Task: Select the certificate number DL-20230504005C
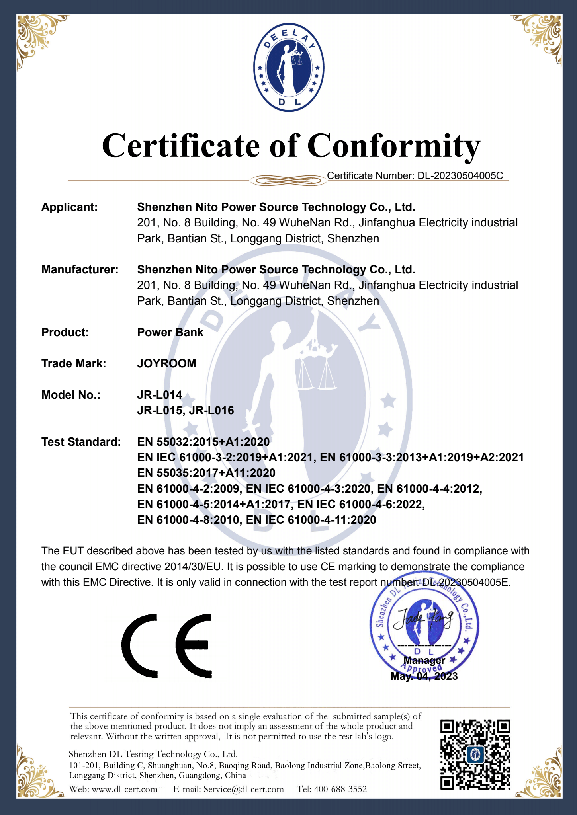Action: [x=460, y=176]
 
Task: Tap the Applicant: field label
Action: [x=69, y=207]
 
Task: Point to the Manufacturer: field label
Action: [x=80, y=270]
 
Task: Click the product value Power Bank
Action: [x=170, y=333]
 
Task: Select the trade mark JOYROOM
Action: [x=166, y=364]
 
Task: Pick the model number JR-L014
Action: [x=160, y=395]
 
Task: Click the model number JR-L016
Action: [x=211, y=411]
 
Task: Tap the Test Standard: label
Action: [x=81, y=442]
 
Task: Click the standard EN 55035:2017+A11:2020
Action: [x=206, y=473]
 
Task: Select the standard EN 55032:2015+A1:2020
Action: [x=203, y=442]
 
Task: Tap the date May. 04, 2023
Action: [x=424, y=676]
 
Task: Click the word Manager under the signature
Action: [x=424, y=661]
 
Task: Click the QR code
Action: [x=475, y=755]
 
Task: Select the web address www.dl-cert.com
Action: [x=124, y=789]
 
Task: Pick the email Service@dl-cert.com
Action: [x=243, y=789]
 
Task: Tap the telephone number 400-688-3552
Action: [x=340, y=789]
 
